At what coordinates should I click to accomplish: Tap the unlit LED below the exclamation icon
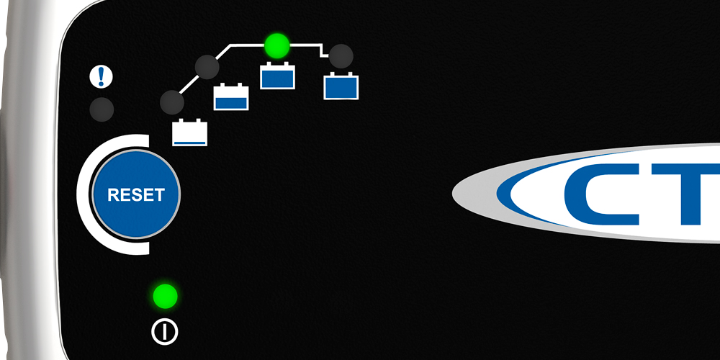[x=102, y=109]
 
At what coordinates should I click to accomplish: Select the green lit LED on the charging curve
[x=276, y=46]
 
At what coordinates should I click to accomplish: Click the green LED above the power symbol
[x=165, y=296]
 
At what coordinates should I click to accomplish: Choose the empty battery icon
[x=190, y=132]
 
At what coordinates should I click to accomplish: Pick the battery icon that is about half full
[x=231, y=96]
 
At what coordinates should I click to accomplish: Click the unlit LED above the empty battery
[x=172, y=101]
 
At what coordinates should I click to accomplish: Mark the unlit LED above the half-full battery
[x=207, y=66]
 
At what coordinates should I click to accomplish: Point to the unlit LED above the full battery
[x=341, y=55]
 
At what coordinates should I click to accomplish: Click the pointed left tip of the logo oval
[x=455, y=193]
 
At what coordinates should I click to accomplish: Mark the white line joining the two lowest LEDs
[x=189, y=84]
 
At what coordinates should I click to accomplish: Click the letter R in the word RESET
[x=112, y=194]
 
